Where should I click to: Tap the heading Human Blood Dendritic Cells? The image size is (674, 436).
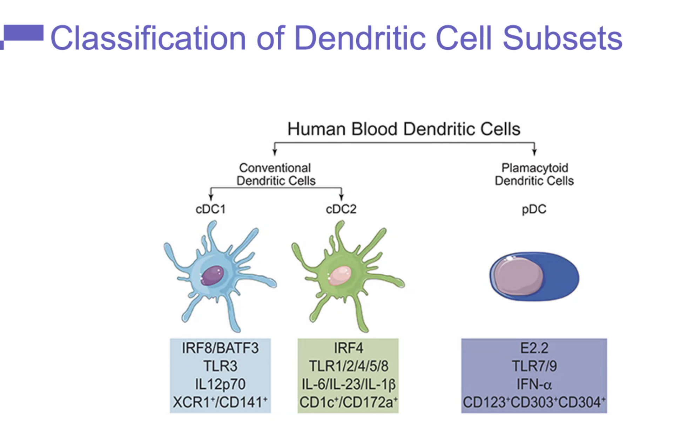[x=404, y=129]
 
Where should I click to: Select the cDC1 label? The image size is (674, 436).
[x=210, y=209]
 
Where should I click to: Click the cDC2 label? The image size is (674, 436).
[x=341, y=209]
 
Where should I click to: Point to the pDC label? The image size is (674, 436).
[x=534, y=209]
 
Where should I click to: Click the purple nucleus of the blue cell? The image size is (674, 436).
[x=213, y=275]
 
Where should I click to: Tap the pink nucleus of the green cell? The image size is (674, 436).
[x=339, y=275]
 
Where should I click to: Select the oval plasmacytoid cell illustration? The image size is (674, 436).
[x=534, y=277]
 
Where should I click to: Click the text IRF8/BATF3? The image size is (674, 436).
[x=220, y=348]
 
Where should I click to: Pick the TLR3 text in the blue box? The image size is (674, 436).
[x=220, y=366]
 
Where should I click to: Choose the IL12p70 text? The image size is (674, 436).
[x=220, y=384]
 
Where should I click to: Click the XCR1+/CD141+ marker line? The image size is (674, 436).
[x=220, y=402]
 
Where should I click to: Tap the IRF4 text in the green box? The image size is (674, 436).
[x=348, y=348]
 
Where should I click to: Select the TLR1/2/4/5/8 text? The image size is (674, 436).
[x=348, y=366]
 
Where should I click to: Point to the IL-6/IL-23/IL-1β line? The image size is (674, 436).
[x=348, y=384]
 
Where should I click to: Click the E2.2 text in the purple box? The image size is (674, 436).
[x=534, y=348]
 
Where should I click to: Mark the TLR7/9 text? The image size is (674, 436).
[x=534, y=366]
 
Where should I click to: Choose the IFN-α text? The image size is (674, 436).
[x=534, y=384]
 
